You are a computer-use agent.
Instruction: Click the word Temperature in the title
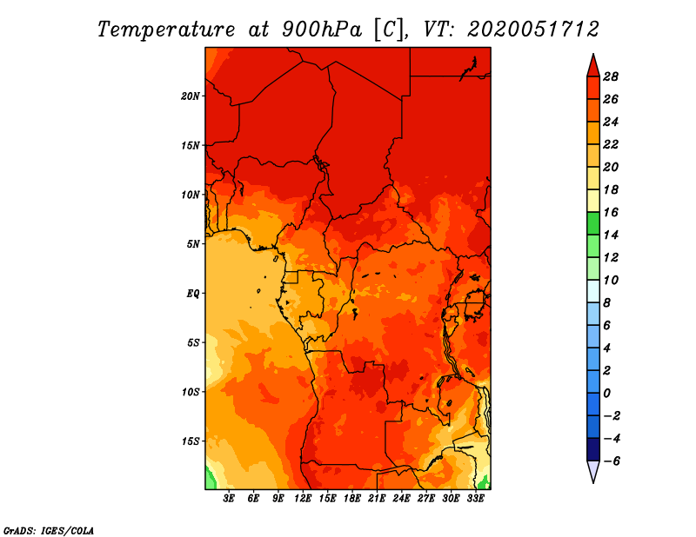coord(166,30)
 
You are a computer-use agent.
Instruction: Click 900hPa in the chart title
coord(322,30)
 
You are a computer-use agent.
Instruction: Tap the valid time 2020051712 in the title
coord(533,30)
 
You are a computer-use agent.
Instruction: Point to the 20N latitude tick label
coord(190,96)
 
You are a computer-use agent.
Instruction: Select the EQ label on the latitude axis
coord(192,294)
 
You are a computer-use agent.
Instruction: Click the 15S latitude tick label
coord(191,441)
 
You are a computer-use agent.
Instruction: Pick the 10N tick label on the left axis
coord(190,195)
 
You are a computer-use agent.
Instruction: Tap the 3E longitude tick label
coord(229,499)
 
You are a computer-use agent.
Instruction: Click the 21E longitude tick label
coord(377,499)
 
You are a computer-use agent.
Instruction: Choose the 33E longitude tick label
coord(475,499)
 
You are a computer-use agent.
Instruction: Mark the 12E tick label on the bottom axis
coord(303,499)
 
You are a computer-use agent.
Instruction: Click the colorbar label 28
coord(611,76)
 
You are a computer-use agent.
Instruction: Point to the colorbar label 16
coord(611,212)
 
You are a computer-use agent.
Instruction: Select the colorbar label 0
coord(606,394)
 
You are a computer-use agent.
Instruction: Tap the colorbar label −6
coord(612,461)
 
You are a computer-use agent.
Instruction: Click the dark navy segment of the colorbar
coord(593,449)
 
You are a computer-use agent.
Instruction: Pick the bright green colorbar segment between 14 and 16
coord(593,223)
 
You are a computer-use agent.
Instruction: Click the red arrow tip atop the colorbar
coord(593,55)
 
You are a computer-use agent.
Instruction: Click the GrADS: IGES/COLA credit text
coord(49,531)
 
